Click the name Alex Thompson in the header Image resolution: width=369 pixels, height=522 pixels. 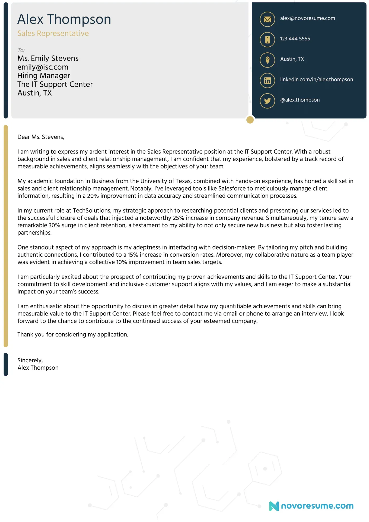pos(64,19)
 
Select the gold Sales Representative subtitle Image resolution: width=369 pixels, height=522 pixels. pos(53,33)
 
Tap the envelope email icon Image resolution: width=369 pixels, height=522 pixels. pos(267,19)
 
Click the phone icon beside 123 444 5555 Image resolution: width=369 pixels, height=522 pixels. pos(267,40)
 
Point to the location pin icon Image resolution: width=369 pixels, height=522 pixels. pos(267,60)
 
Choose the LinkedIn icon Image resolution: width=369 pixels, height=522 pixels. pos(267,80)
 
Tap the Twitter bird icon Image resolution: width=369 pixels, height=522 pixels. pos(267,101)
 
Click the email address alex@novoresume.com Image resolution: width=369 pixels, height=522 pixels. pos(307,18)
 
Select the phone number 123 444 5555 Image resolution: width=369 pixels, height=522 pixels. pos(295,39)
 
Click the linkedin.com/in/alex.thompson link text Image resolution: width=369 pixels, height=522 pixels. pos(316,80)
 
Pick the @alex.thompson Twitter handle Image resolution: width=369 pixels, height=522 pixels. pos(300,100)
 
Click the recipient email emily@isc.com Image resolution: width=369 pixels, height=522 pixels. pos(43,67)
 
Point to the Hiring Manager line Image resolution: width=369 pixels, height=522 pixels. pos(44,76)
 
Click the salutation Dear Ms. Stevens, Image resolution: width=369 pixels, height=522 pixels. pos(41,137)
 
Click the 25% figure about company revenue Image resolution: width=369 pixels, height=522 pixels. pos(178,218)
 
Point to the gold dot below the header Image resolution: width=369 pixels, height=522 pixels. pos(250,120)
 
